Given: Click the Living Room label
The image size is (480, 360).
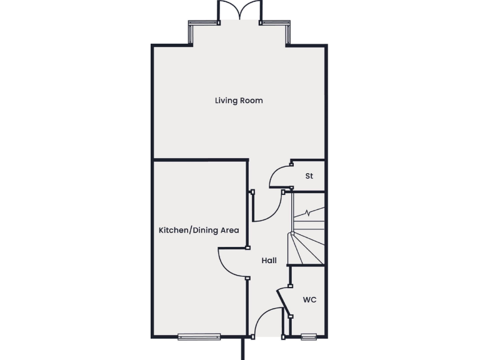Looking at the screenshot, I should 239,101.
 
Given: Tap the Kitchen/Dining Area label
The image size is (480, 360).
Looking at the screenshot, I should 199,231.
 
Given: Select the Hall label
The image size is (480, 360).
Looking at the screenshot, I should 269,261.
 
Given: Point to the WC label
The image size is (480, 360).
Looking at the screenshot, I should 310,300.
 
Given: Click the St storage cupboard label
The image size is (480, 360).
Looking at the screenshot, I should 309,176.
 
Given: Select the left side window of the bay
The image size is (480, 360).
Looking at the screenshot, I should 191,34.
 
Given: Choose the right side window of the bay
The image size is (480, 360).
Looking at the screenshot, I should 288,34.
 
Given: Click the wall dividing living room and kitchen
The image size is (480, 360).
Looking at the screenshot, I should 200,160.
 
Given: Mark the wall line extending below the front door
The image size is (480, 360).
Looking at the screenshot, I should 244,350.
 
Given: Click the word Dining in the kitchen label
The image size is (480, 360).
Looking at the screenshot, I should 206,231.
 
